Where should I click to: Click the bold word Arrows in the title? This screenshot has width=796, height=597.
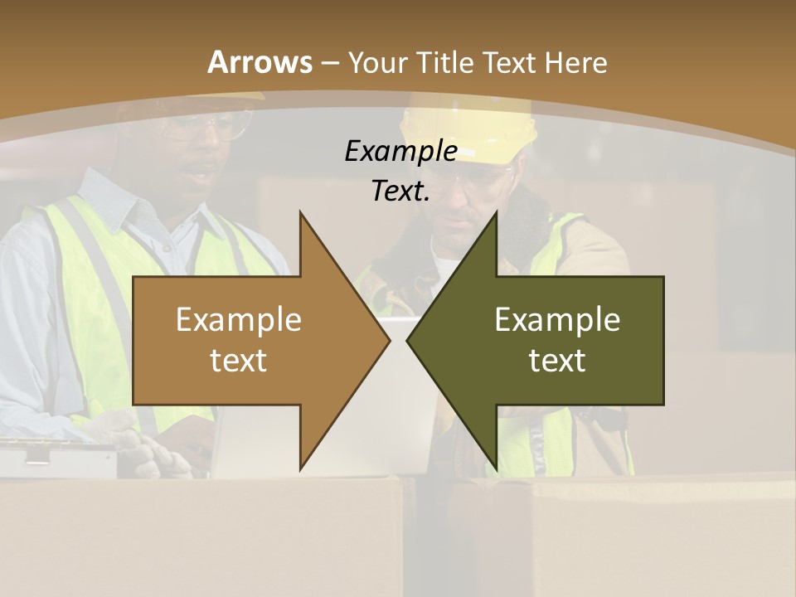[x=260, y=62]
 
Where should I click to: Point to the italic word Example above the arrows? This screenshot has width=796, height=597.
[x=400, y=152]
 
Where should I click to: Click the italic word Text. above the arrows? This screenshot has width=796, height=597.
[x=400, y=192]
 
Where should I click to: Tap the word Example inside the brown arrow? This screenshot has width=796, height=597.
[x=238, y=320]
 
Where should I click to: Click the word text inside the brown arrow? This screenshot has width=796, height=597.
[x=238, y=361]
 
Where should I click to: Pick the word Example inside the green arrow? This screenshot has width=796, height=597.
[x=557, y=320]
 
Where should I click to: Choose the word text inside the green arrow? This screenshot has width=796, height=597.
[x=557, y=361]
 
